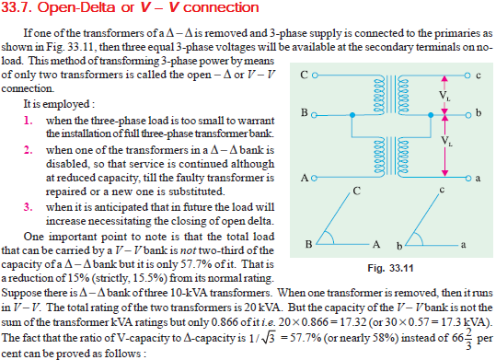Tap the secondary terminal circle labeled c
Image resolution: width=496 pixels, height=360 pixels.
pos(466,74)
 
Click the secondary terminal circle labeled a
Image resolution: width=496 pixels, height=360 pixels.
pos(466,176)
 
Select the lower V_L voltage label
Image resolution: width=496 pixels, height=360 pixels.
pos(445,142)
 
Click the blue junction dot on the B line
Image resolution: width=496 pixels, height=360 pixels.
pos(355,115)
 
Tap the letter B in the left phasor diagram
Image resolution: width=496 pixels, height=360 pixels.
pos(311,244)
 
